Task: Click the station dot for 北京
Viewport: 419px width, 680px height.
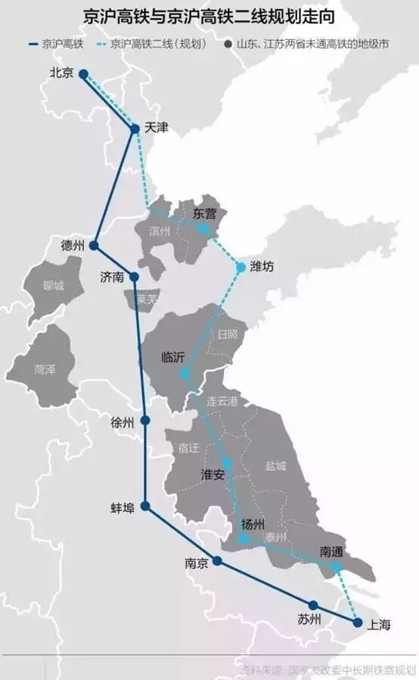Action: click(83, 74)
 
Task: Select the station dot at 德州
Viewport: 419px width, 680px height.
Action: click(94, 246)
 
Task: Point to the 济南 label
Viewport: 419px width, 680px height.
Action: click(112, 277)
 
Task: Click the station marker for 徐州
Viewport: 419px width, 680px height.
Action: click(145, 421)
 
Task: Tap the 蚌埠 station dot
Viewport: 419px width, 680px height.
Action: click(145, 506)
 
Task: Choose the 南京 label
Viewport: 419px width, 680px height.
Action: click(195, 563)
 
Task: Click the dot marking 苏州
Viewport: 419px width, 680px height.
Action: click(312, 604)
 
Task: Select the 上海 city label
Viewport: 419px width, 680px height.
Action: click(380, 625)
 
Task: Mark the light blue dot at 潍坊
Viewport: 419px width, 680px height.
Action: click(241, 267)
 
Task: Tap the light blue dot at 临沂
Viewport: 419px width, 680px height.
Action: click(185, 374)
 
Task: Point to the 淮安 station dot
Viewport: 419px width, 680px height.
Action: click(226, 462)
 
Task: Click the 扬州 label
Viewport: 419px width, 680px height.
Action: click(253, 524)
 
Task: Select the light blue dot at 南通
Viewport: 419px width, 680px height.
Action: click(337, 567)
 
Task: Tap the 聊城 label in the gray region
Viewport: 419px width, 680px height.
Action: click(54, 286)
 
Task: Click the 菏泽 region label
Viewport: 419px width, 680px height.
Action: click(45, 369)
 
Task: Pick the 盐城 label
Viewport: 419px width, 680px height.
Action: click(275, 466)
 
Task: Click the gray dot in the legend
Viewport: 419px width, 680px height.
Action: click(228, 45)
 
